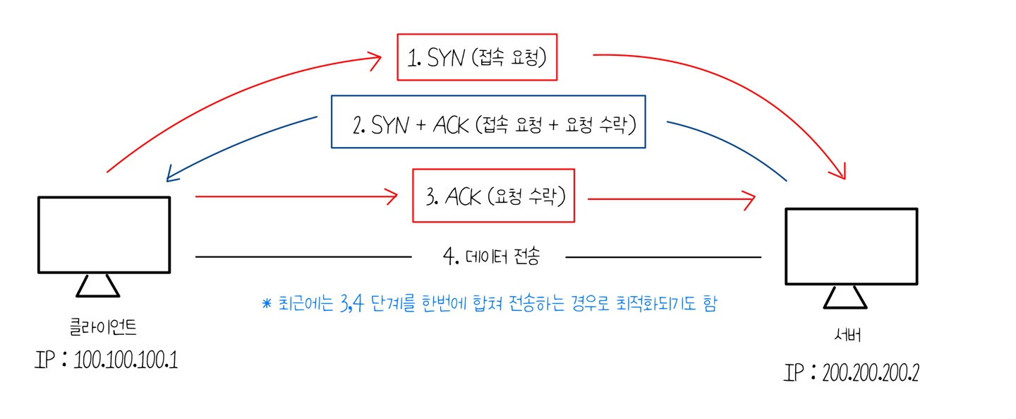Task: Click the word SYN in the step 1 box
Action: coord(445,58)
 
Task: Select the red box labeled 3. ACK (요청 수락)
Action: coord(493,196)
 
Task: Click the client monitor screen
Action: coord(104,235)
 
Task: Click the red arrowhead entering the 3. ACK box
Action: coord(392,196)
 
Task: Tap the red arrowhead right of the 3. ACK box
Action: coord(749,200)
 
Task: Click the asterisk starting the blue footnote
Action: coord(266,304)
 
